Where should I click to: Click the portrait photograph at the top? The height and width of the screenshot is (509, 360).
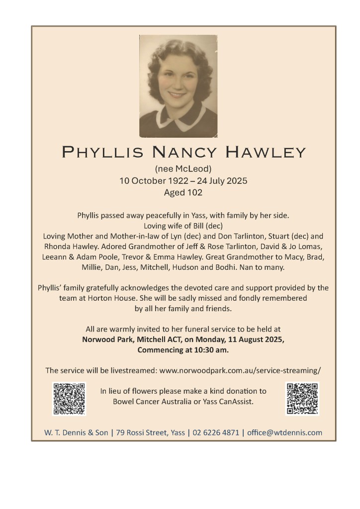(x=178, y=85)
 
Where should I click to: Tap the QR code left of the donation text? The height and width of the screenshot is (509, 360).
(x=69, y=399)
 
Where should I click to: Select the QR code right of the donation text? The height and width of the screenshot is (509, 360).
(x=302, y=399)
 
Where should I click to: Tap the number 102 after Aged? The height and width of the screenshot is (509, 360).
(x=194, y=192)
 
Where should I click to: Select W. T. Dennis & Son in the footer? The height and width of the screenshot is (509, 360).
(x=76, y=432)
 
